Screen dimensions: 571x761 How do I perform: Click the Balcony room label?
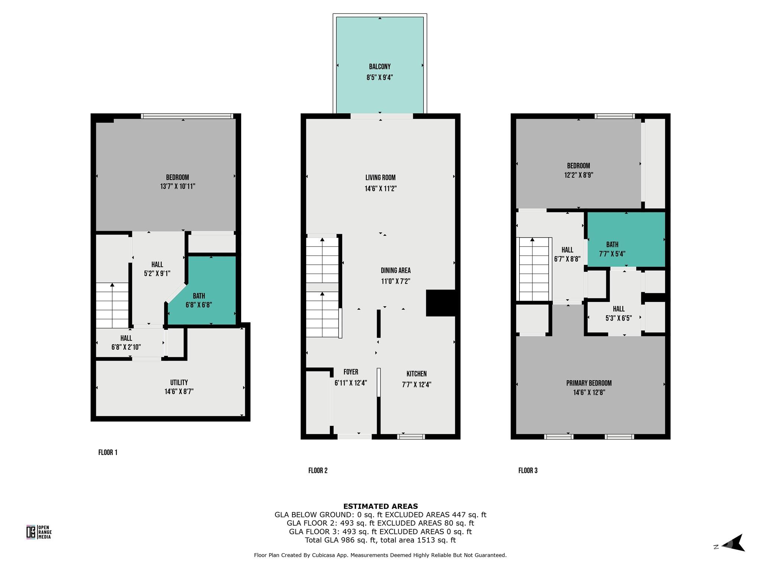pyautogui.click(x=379, y=67)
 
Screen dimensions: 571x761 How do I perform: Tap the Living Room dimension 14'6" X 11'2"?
pyautogui.click(x=380, y=188)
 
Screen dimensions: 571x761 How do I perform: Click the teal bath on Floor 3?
pyautogui.click(x=626, y=239)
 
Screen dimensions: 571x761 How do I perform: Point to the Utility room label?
pyautogui.click(x=179, y=382)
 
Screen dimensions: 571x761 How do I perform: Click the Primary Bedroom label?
pyautogui.click(x=589, y=383)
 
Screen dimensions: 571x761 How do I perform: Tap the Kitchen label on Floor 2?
pyautogui.click(x=416, y=374)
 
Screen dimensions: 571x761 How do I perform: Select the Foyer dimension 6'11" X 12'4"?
pyautogui.click(x=350, y=383)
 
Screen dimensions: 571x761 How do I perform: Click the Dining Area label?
pyautogui.click(x=395, y=270)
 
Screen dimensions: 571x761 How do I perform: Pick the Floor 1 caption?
pyautogui.click(x=108, y=452)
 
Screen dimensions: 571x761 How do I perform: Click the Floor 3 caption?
pyautogui.click(x=528, y=470)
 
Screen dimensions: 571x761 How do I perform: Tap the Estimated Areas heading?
pyautogui.click(x=380, y=506)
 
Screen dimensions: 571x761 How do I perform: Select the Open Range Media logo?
pyautogui.click(x=39, y=532)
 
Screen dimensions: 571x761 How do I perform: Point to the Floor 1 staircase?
pyautogui.click(x=112, y=305)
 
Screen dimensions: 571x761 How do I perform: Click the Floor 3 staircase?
pyautogui.click(x=533, y=269)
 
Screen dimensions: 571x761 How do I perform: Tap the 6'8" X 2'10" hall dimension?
pyautogui.click(x=126, y=347)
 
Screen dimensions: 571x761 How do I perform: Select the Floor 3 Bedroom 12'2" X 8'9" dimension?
pyautogui.click(x=578, y=175)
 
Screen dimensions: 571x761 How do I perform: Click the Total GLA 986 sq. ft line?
pyautogui.click(x=380, y=540)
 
